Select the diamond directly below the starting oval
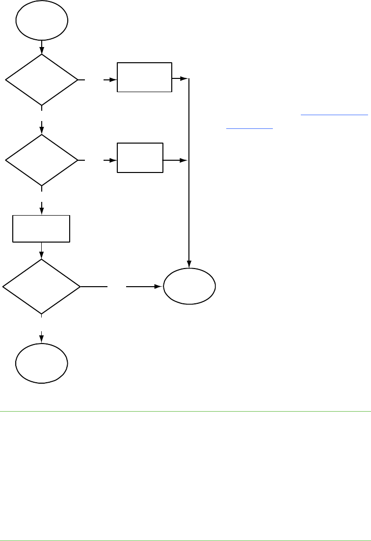click(42, 79)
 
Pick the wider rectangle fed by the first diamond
click(144, 77)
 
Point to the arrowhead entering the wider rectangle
click(113, 79)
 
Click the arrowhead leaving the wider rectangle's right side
click(184, 78)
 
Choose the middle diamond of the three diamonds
click(42, 160)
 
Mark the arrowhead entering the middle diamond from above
click(42, 131)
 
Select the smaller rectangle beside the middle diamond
click(140, 157)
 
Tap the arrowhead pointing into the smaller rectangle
click(113, 160)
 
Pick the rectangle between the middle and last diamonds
click(41, 228)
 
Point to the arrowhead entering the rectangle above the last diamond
click(42, 211)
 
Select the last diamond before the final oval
click(42, 286)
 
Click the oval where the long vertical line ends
click(189, 287)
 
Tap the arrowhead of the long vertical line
click(189, 264)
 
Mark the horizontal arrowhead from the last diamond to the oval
click(159, 286)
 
